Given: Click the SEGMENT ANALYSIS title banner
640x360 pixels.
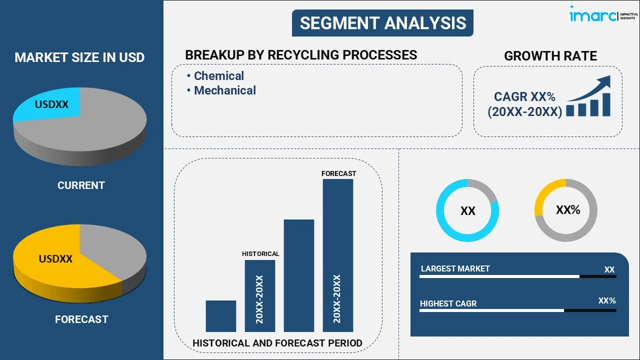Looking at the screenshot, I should point(382,23).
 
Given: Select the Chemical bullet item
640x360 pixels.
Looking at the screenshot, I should point(218,76).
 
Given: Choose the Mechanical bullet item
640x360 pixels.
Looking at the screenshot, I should point(224,90).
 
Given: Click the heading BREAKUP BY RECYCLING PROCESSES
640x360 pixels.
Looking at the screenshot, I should point(301,55).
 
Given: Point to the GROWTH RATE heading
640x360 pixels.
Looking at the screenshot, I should point(550,56).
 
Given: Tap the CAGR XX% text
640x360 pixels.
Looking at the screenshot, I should point(524,97).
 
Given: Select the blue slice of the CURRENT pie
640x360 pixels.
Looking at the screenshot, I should point(50,105).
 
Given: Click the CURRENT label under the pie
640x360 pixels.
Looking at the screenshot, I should point(81,185).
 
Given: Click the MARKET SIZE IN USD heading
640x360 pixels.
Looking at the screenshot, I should point(79,57).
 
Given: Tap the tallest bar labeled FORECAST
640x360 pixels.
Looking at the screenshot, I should point(338,255).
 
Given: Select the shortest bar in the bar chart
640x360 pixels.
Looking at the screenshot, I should point(220,316).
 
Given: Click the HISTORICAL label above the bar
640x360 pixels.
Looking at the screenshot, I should point(260,254).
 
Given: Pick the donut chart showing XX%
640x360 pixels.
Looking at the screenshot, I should point(566,210).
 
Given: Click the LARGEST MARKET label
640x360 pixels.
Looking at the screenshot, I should point(455,269).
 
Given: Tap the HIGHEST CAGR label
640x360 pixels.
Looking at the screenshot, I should point(448,303).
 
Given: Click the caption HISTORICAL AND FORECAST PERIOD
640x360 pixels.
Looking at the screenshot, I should point(277,343).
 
